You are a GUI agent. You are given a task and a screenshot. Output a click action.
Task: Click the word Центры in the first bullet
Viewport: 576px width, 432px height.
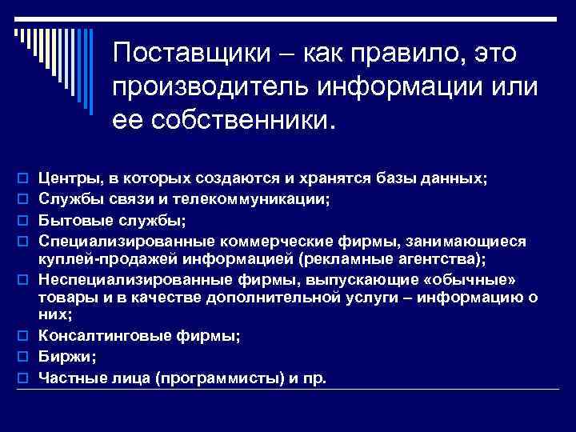coord(65,178)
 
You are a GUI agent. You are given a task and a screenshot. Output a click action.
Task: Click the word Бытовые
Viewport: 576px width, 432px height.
coord(68,217)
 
